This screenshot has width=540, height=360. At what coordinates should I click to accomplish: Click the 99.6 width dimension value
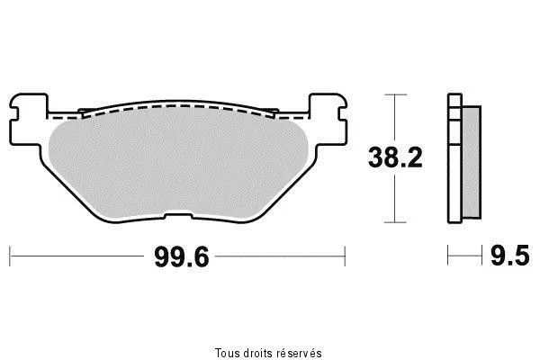182,257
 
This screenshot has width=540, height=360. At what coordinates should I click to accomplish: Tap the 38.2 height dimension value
395,157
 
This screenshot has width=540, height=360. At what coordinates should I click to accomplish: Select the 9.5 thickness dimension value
510,256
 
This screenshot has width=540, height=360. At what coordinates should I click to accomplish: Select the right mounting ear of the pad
328,119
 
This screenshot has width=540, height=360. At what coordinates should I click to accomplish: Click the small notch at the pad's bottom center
178,216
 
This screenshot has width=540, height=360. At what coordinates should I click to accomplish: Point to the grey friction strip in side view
471,162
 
